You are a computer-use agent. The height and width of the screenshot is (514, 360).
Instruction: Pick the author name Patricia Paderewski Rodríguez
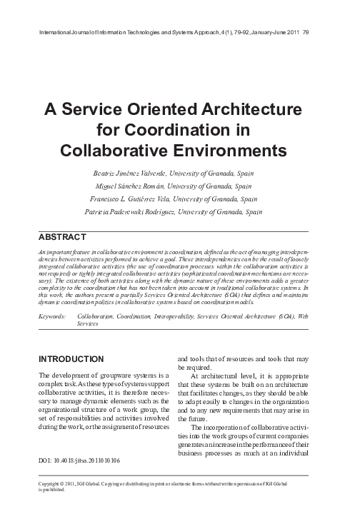tap(134, 211)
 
